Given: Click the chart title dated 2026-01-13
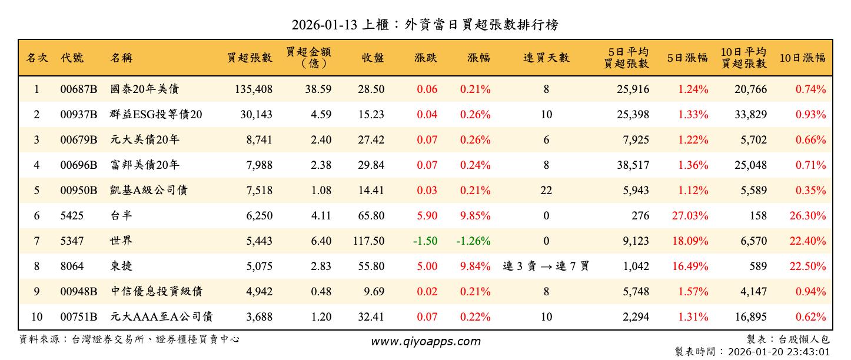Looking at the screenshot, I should coord(425,25).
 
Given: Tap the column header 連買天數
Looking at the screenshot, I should coord(546,58).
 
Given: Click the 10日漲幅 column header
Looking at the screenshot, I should coord(802,58).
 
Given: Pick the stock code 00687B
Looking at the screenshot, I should coord(78,89).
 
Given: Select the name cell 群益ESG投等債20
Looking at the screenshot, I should coord(156,115).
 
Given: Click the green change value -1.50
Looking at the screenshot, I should coord(425,241).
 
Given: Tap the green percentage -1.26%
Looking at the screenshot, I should coord(473,241).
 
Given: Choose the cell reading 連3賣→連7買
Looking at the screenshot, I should coord(546,266).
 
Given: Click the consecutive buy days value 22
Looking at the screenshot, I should coord(546,191).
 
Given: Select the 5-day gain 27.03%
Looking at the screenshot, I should coord(690,216).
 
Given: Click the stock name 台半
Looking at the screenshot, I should coord(121,216).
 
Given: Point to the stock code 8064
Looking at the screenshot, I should coord(72,266).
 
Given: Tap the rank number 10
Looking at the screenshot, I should coord(36,317).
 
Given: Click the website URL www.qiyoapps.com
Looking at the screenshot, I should coord(425,341).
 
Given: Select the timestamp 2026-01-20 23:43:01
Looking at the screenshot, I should coord(779,352).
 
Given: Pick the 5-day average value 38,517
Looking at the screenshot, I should coord(633,165).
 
